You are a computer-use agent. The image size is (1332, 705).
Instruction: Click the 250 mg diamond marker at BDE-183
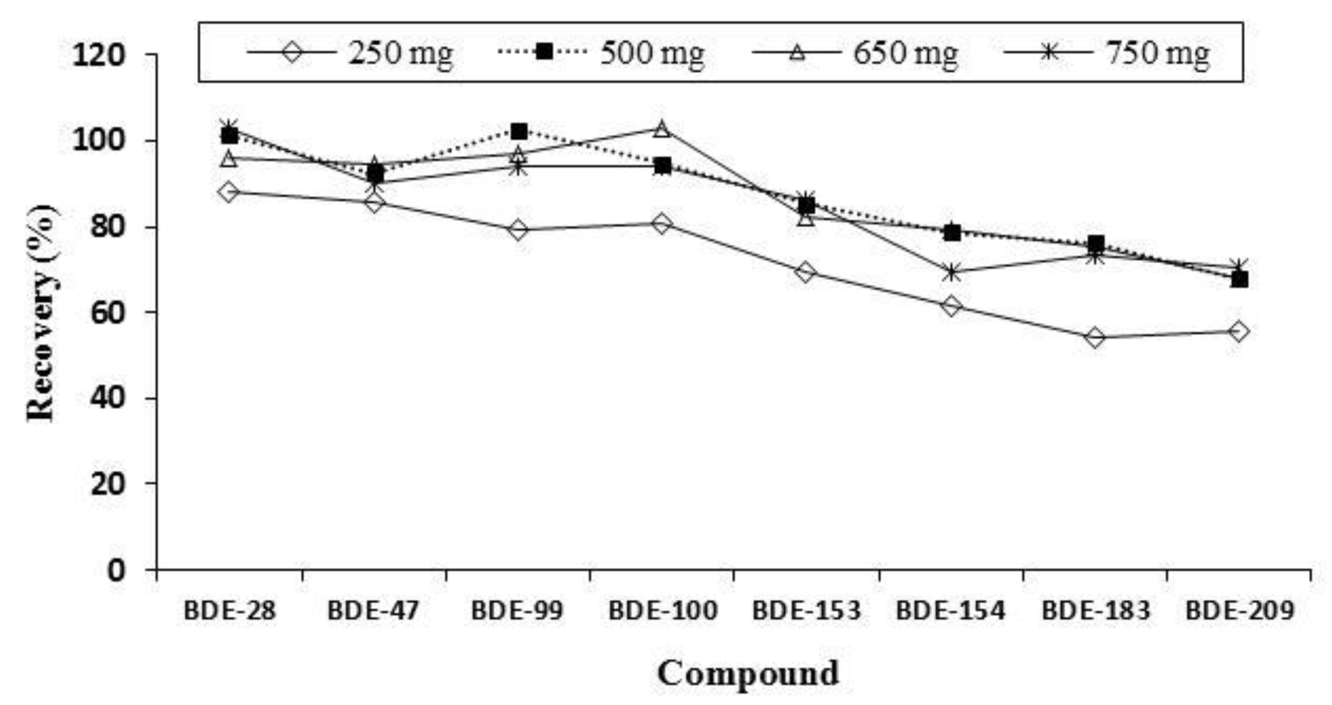click(x=1095, y=338)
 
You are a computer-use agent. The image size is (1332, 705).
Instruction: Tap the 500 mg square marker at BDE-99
click(x=518, y=132)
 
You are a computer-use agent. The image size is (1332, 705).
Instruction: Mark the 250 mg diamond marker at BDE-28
click(x=229, y=192)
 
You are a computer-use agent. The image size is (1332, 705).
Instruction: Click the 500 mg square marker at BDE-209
click(x=1240, y=280)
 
